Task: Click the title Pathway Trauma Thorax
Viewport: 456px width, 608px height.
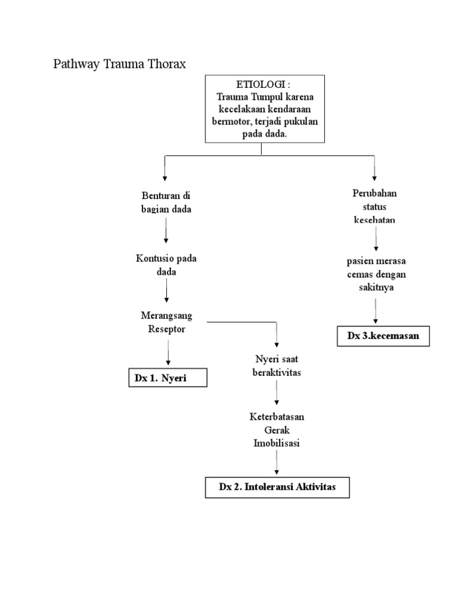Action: coord(120,64)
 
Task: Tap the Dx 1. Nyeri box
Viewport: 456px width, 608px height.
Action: coord(168,378)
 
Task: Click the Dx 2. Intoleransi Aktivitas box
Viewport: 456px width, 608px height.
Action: coord(277,487)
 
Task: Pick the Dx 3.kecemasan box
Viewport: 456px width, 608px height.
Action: coord(384,335)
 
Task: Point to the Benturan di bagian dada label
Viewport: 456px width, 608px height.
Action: coord(166,202)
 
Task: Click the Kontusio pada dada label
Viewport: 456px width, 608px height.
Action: coord(166,265)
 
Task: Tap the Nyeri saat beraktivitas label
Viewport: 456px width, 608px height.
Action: coord(277,366)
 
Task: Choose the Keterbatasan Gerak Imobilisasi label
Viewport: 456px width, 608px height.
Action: coord(277,430)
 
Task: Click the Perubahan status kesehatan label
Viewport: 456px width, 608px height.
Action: coord(375,207)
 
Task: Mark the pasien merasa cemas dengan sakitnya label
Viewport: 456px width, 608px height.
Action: coord(375,274)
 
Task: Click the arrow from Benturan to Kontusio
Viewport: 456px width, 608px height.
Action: coord(166,231)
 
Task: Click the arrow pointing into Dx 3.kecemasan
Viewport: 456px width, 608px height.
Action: coord(375,311)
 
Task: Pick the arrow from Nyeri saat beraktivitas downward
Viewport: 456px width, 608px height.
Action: coord(277,393)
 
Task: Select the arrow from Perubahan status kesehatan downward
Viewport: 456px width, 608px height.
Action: coord(375,240)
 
